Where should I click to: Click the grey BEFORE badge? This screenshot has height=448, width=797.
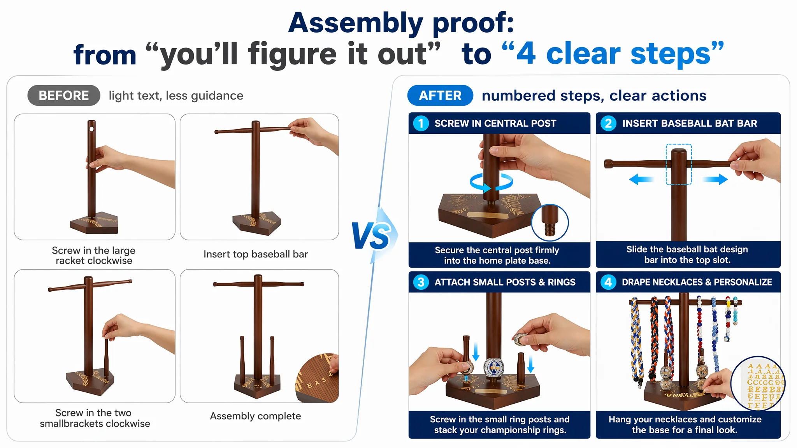(64, 95)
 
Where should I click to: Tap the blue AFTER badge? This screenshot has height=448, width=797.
(440, 95)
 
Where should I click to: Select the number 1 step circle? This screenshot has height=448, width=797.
(421, 123)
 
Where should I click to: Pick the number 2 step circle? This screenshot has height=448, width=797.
(608, 123)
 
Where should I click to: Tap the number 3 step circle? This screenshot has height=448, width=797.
(421, 282)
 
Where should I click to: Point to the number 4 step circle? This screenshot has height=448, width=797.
(608, 282)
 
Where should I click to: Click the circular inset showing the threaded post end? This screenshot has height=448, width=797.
(550, 222)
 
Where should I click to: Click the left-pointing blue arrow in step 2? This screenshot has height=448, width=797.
(641, 179)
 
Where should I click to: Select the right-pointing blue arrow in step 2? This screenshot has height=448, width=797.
(715, 179)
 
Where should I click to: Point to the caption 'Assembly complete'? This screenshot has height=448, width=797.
(255, 416)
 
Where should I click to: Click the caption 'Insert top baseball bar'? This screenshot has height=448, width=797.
(256, 254)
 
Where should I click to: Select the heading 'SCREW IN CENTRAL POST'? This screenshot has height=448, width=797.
(495, 123)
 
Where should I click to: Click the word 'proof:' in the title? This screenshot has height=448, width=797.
(473, 23)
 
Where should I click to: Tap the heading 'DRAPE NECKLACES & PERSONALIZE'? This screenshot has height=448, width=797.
(697, 282)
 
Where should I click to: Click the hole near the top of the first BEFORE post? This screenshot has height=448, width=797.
(92, 129)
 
